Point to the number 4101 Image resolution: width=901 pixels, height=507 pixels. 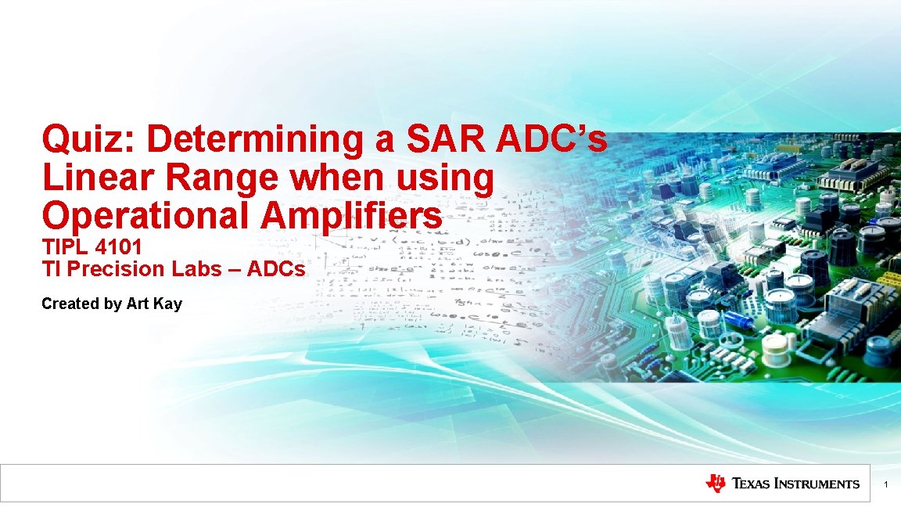click(x=118, y=247)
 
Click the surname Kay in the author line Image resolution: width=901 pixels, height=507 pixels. click(x=168, y=304)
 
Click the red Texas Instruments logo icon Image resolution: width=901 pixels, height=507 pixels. click(x=715, y=484)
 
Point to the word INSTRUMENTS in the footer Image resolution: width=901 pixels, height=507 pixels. click(x=817, y=484)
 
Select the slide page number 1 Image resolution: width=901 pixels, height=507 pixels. click(x=885, y=486)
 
